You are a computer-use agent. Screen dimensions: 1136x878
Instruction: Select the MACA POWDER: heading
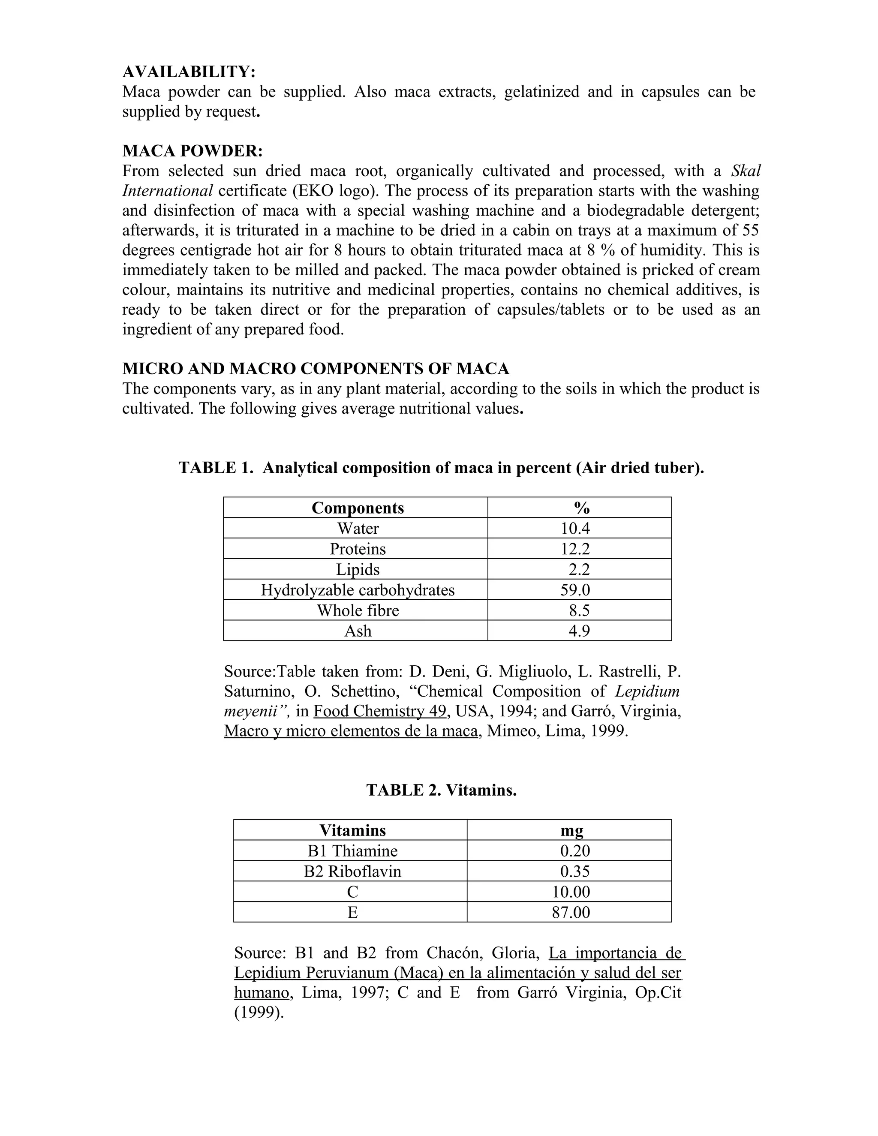192,151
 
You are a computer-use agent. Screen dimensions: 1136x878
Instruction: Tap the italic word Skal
746,171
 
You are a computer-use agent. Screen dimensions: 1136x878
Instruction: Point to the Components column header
358,508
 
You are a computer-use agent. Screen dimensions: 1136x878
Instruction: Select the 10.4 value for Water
575,529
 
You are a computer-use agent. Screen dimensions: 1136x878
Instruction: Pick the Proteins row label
358,549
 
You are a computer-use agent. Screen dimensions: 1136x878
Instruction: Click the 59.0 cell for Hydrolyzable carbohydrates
575,590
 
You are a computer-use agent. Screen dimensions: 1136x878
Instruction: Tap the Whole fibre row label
358,610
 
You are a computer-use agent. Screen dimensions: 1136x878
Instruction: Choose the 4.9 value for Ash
579,631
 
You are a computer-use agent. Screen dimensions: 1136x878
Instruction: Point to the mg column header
571,830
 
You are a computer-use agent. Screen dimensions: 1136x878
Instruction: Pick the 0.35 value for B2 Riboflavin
575,871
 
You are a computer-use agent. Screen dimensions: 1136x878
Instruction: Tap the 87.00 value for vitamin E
571,912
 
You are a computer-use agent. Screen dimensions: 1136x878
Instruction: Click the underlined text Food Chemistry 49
380,711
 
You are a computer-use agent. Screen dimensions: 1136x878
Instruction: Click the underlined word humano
261,992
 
